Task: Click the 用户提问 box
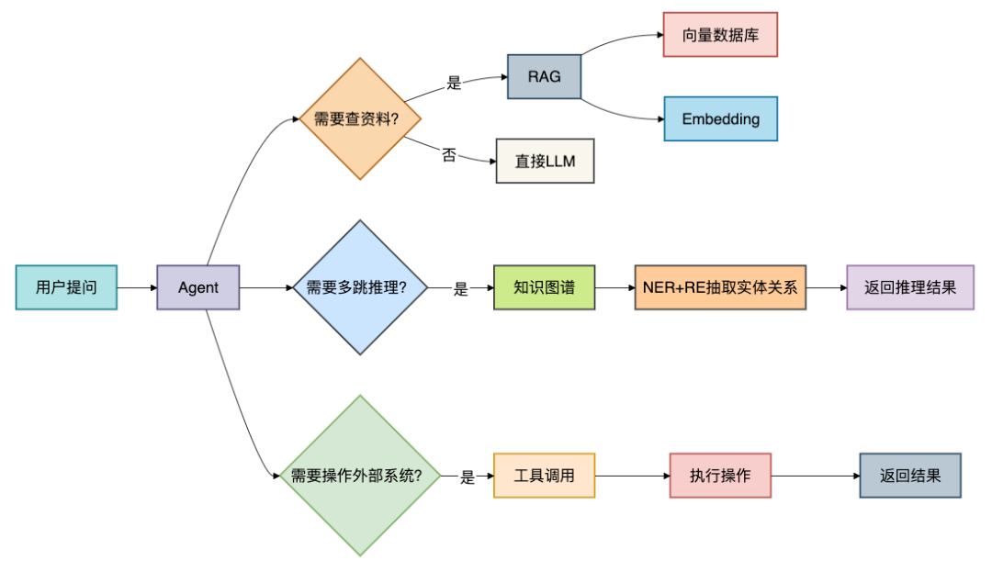click(x=66, y=287)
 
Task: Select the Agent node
click(x=198, y=287)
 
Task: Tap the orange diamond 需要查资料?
click(x=360, y=118)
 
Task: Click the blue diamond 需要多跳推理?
click(x=360, y=287)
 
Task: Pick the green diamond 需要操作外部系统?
click(x=360, y=476)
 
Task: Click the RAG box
click(x=544, y=76)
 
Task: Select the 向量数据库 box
click(x=721, y=35)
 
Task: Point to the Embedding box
click(x=721, y=118)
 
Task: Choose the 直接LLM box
click(x=545, y=162)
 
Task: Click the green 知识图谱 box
click(x=544, y=287)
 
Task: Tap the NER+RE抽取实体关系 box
click(x=720, y=287)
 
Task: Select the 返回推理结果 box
click(x=910, y=287)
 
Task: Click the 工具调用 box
click(x=544, y=476)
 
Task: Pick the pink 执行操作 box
click(x=720, y=476)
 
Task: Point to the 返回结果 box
click(x=910, y=476)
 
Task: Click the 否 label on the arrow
click(x=448, y=155)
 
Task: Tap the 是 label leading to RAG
click(x=455, y=83)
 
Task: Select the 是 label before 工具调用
click(x=468, y=477)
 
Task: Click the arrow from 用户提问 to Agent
click(x=137, y=287)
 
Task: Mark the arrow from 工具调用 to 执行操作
click(x=632, y=476)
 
